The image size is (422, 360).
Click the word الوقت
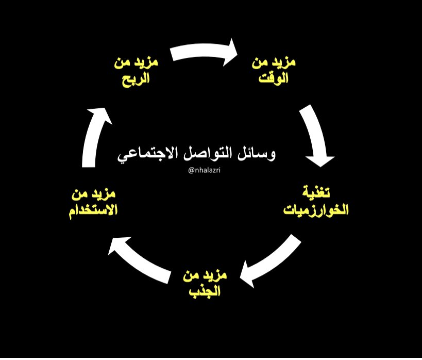(x=273, y=78)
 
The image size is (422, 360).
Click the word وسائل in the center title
(x=257, y=153)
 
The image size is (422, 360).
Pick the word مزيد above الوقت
(x=284, y=63)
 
